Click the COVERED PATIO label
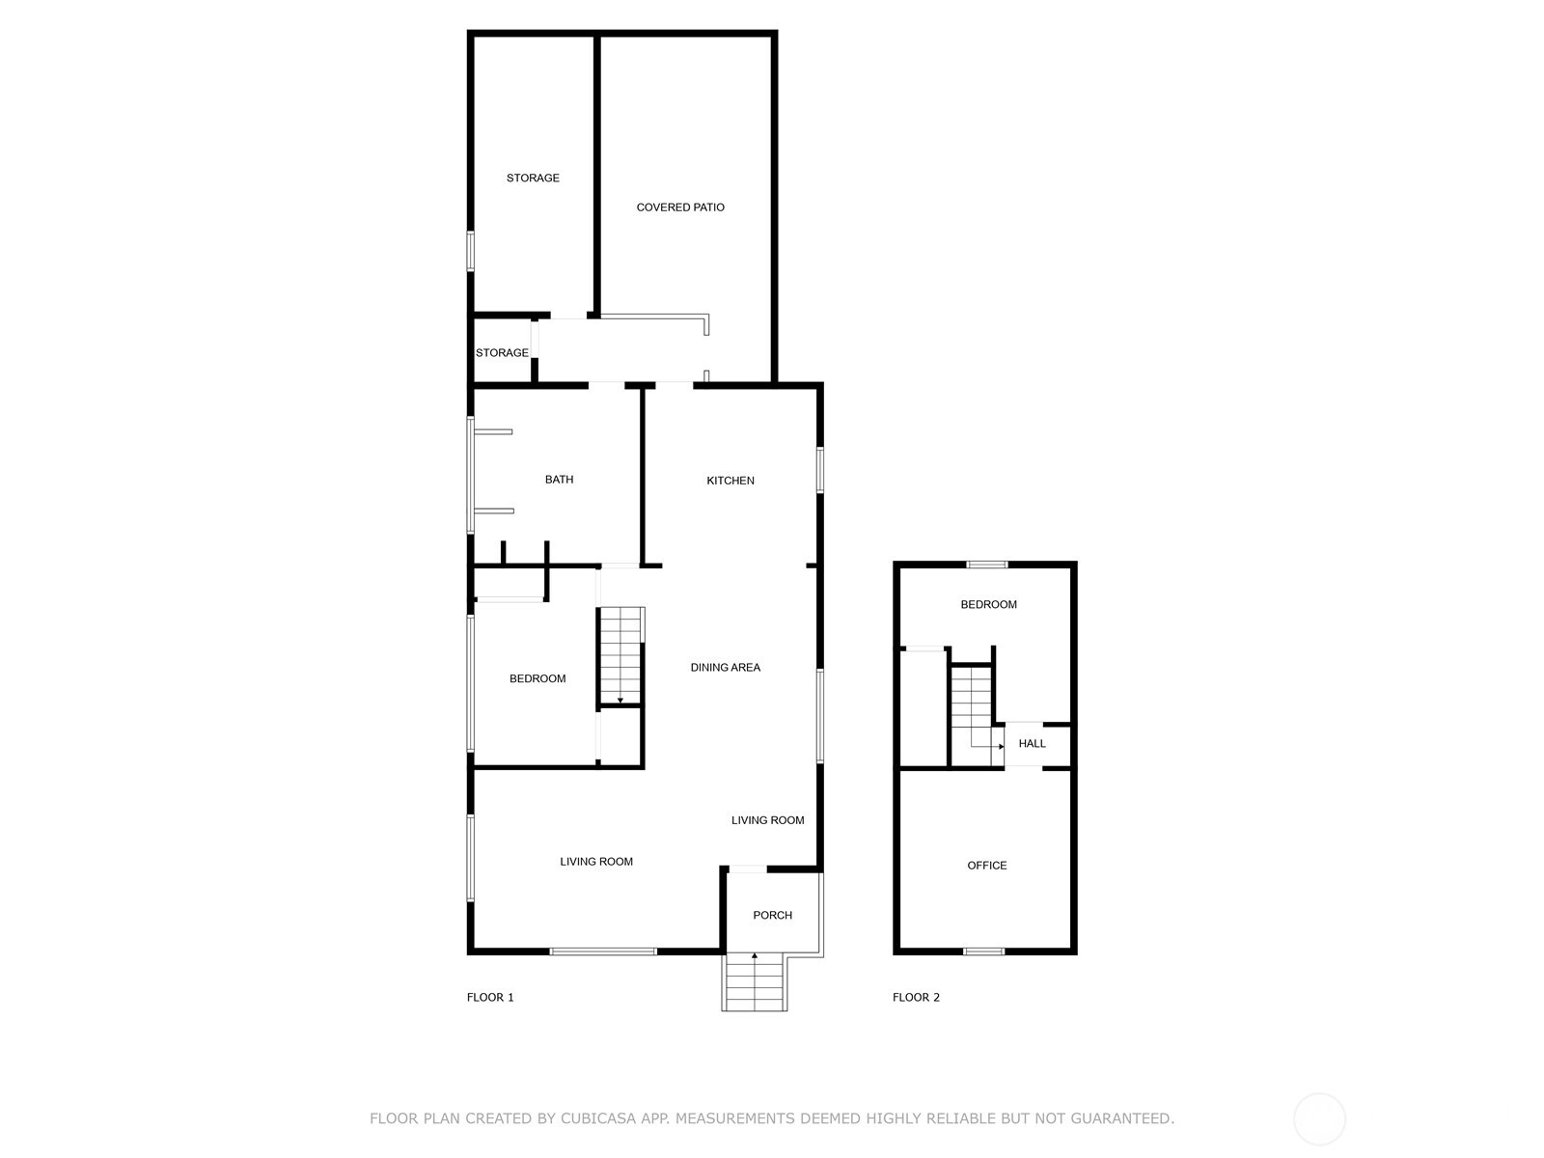(679, 207)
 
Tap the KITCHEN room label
(731, 481)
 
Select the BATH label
(559, 480)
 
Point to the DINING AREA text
(726, 667)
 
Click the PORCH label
(772, 915)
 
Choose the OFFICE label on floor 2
(987, 866)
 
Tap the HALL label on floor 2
(1032, 743)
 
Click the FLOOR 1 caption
(490, 997)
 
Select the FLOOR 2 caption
(916, 997)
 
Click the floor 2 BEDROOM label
(988, 605)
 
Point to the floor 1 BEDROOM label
(538, 678)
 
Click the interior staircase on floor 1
(620, 655)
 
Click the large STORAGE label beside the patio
(533, 178)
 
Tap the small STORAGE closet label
(502, 353)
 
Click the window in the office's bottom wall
(984, 951)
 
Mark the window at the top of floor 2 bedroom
(987, 564)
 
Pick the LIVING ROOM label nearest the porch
(767, 820)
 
